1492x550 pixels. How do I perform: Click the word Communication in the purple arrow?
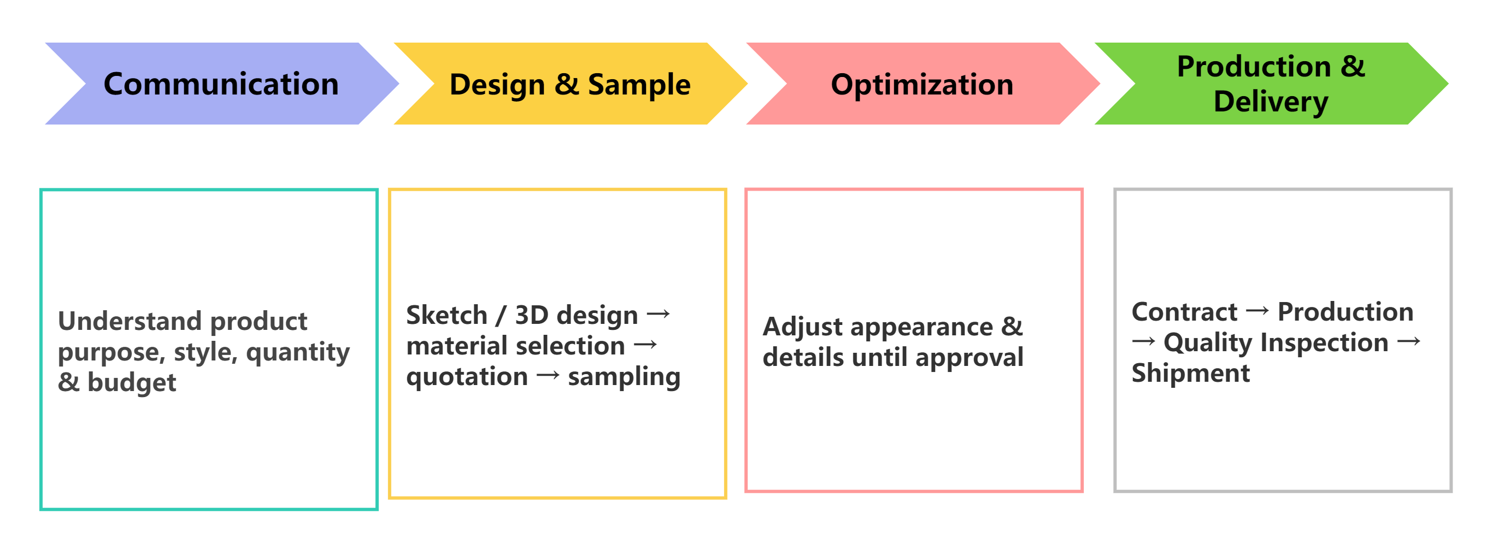(221, 84)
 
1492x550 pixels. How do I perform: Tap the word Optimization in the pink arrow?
(922, 85)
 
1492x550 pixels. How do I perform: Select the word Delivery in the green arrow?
(1271, 103)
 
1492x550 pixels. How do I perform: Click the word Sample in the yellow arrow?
(639, 85)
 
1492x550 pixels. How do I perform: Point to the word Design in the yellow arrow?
(497, 85)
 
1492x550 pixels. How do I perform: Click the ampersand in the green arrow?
(1353, 66)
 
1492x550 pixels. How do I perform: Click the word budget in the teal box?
(132, 383)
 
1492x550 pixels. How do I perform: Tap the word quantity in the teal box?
(298, 352)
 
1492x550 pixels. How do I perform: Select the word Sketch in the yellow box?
(447, 315)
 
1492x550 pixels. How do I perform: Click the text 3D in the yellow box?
(532, 315)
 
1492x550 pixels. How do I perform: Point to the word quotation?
(467, 377)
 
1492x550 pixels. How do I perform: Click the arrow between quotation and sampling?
(548, 376)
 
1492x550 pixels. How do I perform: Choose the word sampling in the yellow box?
(624, 377)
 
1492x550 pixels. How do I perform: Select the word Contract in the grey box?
(1184, 312)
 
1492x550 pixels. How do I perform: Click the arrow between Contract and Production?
(1258, 311)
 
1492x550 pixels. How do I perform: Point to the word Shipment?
(1191, 374)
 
